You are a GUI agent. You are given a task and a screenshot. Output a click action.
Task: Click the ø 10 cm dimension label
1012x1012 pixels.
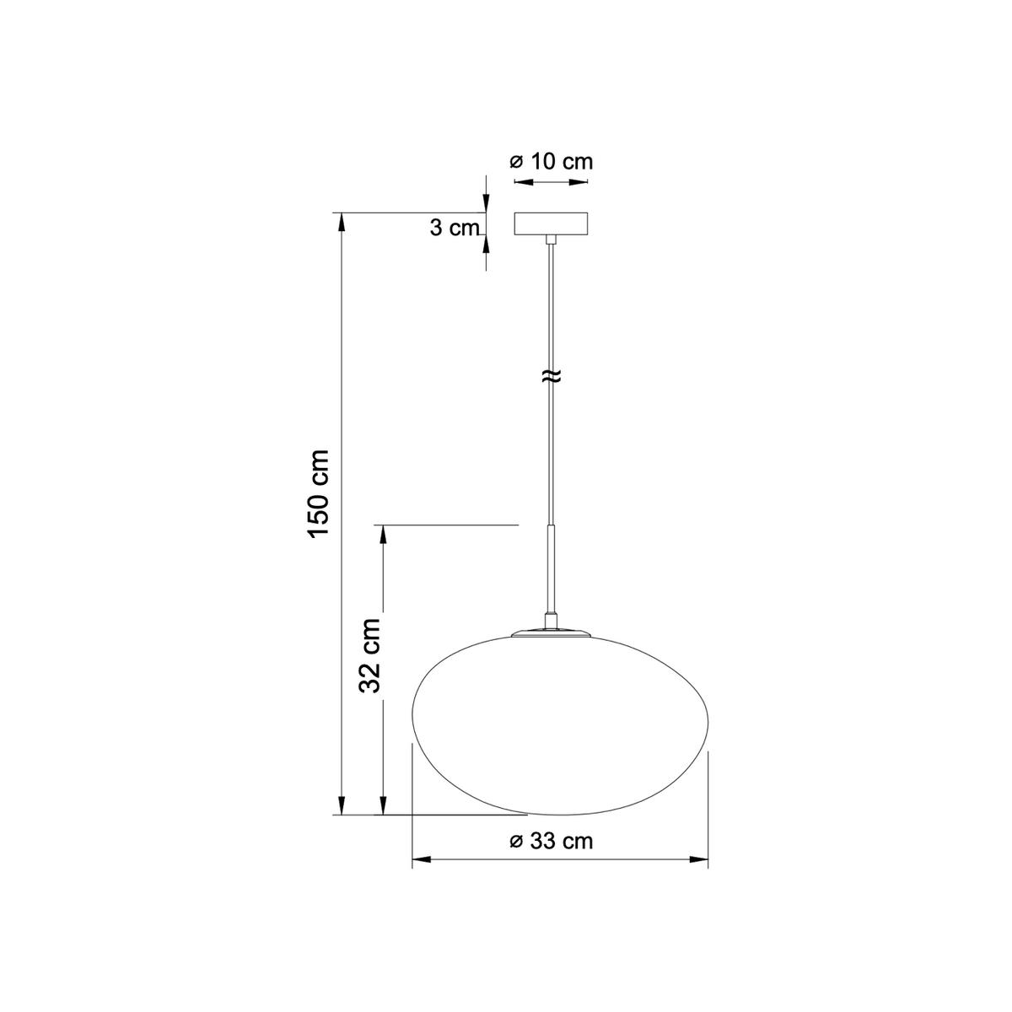coord(552,161)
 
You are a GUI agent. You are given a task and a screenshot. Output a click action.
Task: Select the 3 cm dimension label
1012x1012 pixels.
coord(454,228)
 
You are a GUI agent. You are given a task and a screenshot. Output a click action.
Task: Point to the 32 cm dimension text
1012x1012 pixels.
coord(369,654)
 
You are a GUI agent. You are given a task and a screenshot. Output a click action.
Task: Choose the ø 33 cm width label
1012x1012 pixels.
coord(552,841)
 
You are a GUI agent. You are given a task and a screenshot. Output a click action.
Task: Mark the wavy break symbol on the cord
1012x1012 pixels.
coord(552,377)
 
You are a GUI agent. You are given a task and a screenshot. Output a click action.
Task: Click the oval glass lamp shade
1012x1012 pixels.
coord(560,725)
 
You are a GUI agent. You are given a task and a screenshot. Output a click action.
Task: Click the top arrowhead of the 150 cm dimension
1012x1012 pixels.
coord(342,220)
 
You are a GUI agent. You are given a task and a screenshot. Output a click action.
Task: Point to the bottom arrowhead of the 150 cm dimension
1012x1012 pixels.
coord(342,807)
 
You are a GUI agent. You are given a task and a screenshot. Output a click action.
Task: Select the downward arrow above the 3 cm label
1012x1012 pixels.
coord(486,203)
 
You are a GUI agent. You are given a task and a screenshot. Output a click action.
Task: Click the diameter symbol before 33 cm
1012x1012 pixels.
coord(517,842)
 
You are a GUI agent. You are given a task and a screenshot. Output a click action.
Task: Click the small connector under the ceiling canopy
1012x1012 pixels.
coord(552,240)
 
